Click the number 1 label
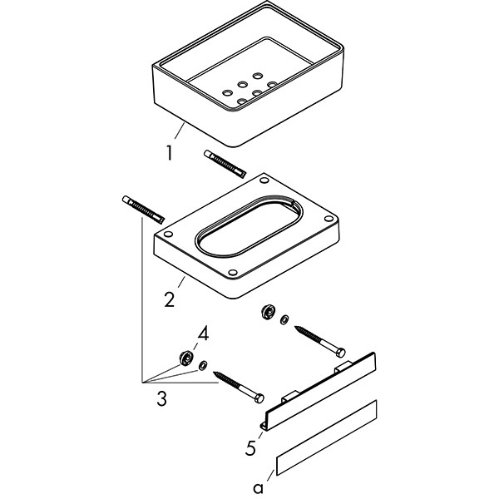tap(170, 154)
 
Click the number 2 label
tap(169, 299)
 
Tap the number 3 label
tap(161, 399)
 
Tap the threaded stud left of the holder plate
tap(141, 210)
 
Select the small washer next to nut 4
tap(202, 366)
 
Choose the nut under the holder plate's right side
tap(269, 313)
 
